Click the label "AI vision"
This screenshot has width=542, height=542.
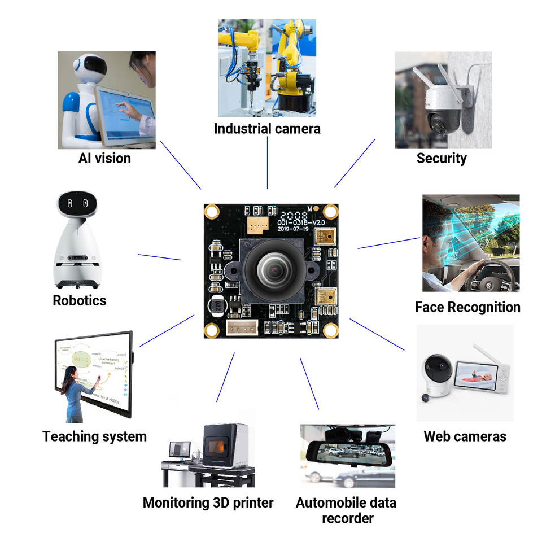[x=104, y=158]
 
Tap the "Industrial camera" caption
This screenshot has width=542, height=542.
[x=267, y=129]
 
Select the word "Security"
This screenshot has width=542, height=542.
[x=442, y=158]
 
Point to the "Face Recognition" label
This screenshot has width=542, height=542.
[x=467, y=307]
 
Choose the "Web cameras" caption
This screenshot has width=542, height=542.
[x=465, y=436]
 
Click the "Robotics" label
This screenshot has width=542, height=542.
[x=80, y=300]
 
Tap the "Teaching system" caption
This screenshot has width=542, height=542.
[x=94, y=436]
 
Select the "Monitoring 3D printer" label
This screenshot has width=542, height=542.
[x=208, y=502]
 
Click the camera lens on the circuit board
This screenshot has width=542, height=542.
[x=274, y=272]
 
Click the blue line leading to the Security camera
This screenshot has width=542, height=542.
[x=355, y=163]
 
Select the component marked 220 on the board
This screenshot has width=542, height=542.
[x=215, y=308]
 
